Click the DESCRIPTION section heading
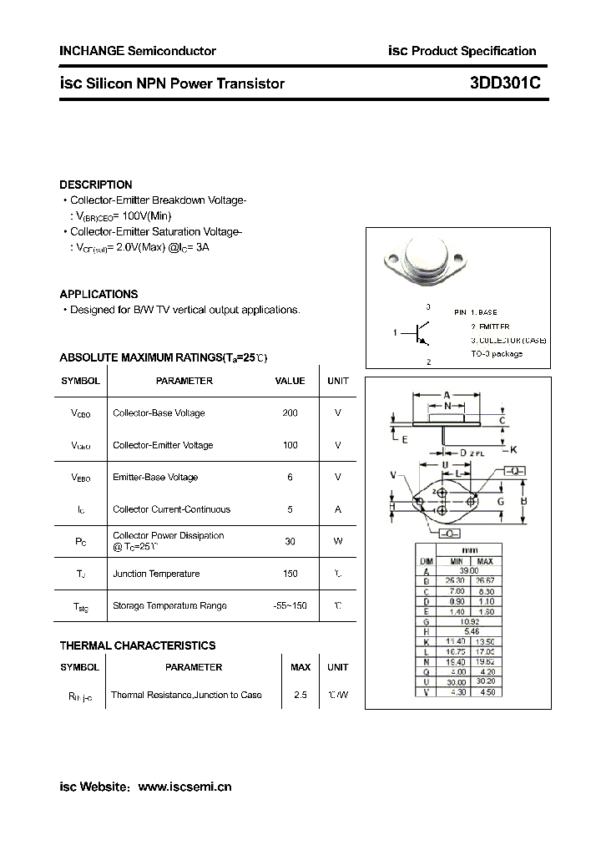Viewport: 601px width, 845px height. point(96,185)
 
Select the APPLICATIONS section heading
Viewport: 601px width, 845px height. point(98,294)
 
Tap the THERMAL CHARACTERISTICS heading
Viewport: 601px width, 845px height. point(138,645)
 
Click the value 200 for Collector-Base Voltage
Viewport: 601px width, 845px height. point(290,412)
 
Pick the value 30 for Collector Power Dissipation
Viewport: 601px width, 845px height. point(290,541)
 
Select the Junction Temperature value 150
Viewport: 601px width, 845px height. point(290,574)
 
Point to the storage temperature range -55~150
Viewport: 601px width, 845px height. point(290,605)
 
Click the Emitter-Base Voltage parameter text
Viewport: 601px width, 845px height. point(155,477)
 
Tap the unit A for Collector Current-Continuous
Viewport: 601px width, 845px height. point(338,509)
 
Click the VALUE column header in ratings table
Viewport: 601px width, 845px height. point(290,381)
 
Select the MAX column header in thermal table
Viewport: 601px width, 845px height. point(300,667)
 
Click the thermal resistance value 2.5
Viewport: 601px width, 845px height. point(300,695)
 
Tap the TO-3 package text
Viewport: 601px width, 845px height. point(497,354)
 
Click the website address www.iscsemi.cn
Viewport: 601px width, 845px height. point(184,787)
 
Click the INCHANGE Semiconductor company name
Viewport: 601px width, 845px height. point(138,51)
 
